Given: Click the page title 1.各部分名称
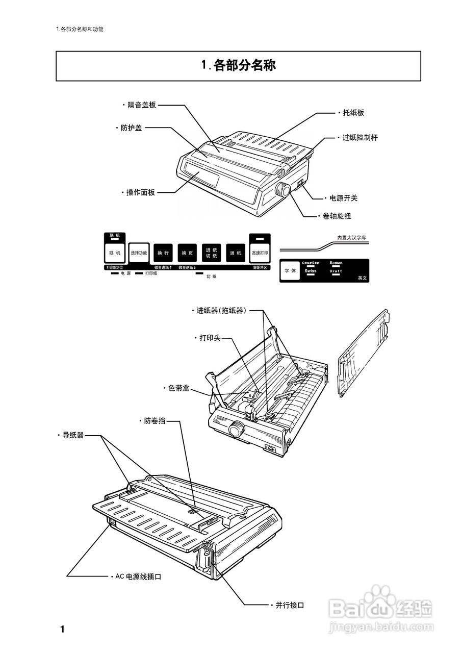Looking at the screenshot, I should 238,66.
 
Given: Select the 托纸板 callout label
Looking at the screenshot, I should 353,113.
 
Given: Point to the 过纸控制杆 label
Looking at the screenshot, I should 360,138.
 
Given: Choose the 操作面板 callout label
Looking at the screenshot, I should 140,192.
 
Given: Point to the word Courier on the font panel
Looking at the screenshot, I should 311,263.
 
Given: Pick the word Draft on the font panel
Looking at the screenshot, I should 336,271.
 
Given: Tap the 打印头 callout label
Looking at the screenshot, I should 210,338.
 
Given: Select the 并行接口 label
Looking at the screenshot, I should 290,605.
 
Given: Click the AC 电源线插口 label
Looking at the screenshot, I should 138,576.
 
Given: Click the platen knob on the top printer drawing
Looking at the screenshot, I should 283,191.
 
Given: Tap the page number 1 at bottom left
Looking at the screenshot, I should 62,629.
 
